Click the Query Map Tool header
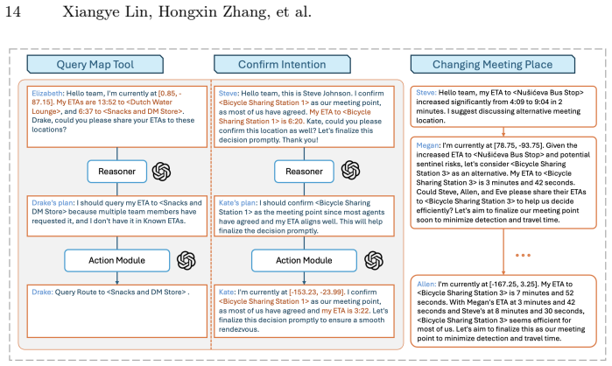click(x=95, y=65)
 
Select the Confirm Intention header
click(x=282, y=65)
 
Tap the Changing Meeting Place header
click(x=493, y=65)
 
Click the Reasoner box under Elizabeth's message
click(x=117, y=172)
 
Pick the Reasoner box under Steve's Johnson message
click(x=304, y=172)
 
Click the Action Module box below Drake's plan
click(x=117, y=260)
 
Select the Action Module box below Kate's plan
click(x=304, y=260)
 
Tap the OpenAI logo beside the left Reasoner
click(x=162, y=172)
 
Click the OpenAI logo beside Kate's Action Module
click(x=374, y=260)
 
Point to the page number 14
click(x=12, y=11)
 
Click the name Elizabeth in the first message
click(x=46, y=94)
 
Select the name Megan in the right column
click(x=427, y=145)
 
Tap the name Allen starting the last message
click(x=426, y=284)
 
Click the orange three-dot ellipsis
click(x=523, y=255)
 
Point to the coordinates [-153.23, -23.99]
click(x=317, y=292)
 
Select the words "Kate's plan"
click(x=237, y=203)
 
